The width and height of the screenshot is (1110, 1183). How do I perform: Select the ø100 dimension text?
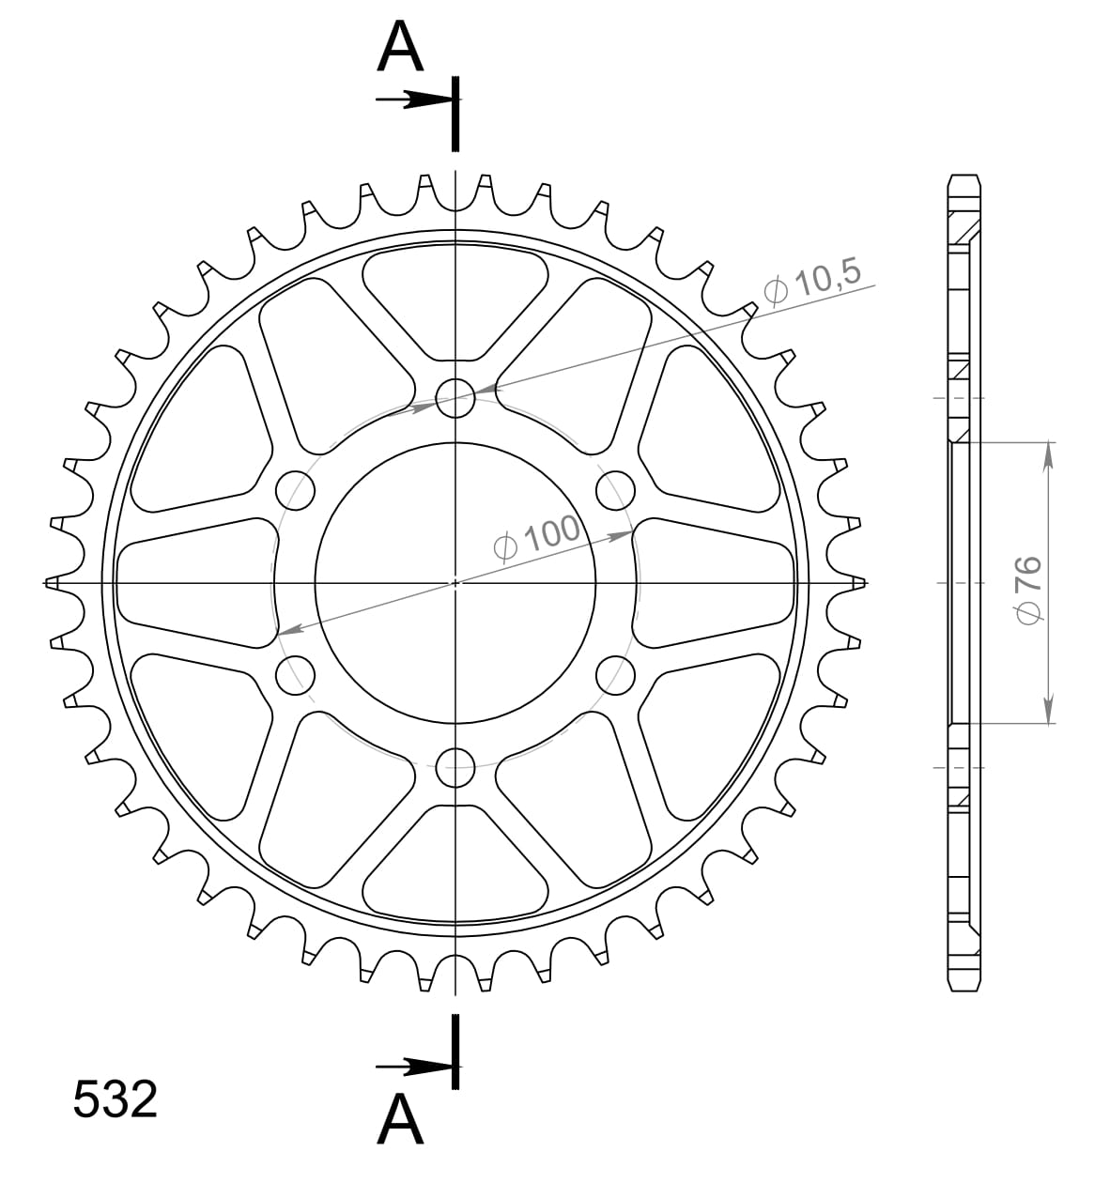(537, 540)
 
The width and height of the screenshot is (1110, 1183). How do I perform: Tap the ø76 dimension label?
(1027, 588)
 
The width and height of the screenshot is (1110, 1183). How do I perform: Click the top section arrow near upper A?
(411, 100)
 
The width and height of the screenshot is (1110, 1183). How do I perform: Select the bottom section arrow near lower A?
(411, 1067)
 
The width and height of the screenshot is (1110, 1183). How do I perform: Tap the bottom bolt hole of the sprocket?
(455, 767)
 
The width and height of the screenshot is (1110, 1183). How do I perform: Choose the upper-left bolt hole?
(296, 489)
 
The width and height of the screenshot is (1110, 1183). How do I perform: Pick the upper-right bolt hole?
(615, 489)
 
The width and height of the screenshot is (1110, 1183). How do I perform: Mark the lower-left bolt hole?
(296, 674)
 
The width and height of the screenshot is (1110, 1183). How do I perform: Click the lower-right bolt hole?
(615, 674)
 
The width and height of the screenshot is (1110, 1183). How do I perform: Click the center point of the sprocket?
(455, 582)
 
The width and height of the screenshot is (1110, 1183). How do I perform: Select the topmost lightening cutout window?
(455, 299)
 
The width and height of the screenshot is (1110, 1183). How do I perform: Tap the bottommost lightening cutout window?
(455, 864)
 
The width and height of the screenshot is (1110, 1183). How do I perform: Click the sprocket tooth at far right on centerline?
(856, 583)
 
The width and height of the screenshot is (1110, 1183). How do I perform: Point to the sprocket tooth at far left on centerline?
(54, 583)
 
